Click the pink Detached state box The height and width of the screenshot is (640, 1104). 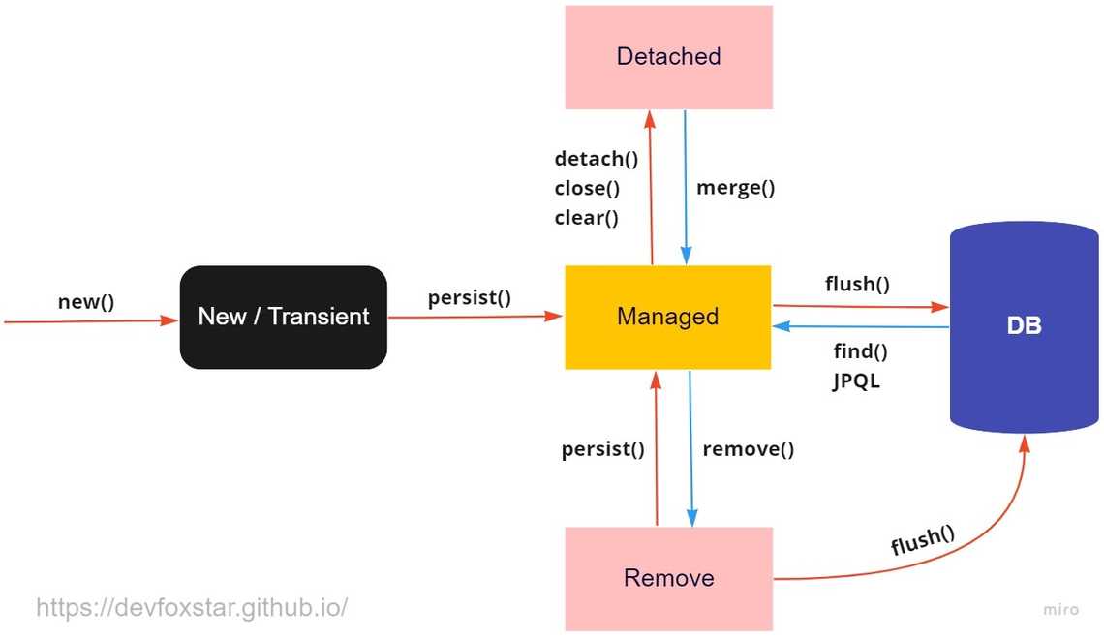668,57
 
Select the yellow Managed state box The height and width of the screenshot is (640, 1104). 668,317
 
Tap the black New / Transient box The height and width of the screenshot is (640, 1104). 283,317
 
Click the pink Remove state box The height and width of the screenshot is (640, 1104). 668,578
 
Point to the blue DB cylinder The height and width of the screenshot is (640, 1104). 1025,326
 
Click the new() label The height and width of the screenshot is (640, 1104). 86,301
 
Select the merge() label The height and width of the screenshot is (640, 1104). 736,188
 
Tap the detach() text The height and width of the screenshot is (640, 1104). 596,159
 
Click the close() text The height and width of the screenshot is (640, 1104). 587,188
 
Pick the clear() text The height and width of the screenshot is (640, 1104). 586,218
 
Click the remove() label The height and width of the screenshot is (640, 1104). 748,448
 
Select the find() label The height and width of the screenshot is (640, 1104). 860,351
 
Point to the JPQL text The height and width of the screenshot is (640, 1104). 856,381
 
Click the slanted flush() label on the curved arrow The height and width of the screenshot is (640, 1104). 922,539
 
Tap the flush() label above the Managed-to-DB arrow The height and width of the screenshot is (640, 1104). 857,284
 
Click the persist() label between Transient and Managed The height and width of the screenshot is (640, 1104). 470,297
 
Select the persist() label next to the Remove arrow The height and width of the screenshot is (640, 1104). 602,449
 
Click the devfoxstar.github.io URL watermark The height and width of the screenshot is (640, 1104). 192,608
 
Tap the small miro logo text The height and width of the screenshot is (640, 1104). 1060,610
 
